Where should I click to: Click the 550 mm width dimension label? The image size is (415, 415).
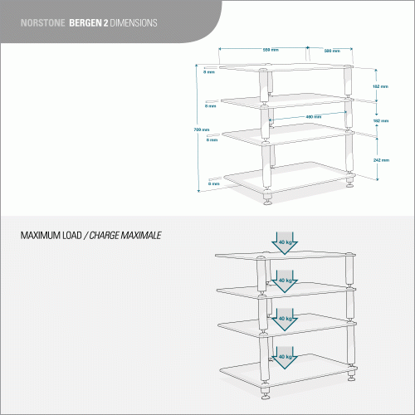[x=271, y=50]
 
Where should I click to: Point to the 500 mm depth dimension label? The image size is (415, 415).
[x=332, y=51]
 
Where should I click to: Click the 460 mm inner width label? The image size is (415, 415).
[x=314, y=116]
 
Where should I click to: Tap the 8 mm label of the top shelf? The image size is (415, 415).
[x=211, y=72]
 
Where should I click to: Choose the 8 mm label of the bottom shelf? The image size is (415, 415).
[x=213, y=182]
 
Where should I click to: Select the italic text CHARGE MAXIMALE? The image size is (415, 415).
[x=127, y=236]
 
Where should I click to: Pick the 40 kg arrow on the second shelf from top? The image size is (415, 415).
[x=284, y=280]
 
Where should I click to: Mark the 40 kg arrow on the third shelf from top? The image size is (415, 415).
[x=284, y=317]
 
